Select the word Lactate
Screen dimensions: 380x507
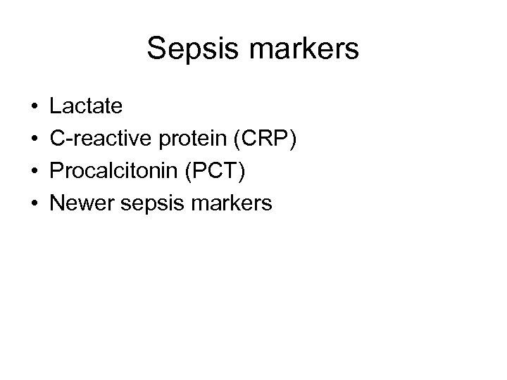click(86, 107)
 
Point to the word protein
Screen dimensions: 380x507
click(193, 139)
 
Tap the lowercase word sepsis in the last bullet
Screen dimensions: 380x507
click(150, 204)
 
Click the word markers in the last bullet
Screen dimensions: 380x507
click(232, 204)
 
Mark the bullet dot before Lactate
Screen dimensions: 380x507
click(35, 108)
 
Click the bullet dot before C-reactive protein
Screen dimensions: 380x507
click(35, 140)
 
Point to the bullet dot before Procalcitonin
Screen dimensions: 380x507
click(35, 172)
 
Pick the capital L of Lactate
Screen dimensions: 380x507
click(56, 107)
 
